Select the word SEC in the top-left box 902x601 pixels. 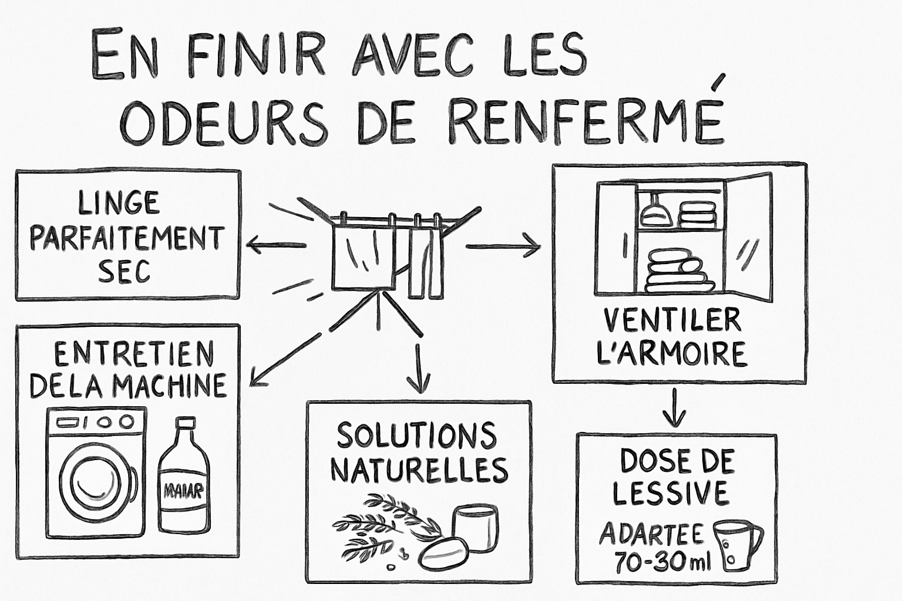pyautogui.click(x=124, y=271)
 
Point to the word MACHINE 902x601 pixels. pyautogui.click(x=170, y=386)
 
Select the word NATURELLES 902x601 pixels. pyautogui.click(x=419, y=469)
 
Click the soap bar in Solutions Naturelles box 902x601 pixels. pyautogui.click(x=444, y=552)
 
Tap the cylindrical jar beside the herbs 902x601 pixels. pyautogui.click(x=475, y=528)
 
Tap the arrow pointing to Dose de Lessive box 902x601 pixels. pyautogui.click(x=674, y=408)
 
